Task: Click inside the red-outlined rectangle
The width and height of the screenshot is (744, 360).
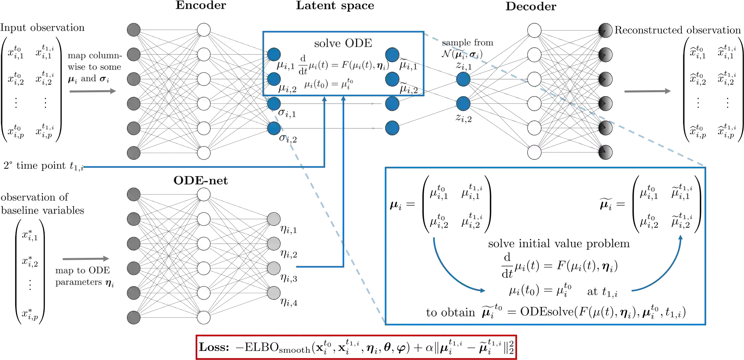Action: [356, 347]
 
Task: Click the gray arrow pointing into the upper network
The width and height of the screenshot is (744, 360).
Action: [93, 91]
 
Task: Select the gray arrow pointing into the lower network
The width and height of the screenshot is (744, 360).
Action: [85, 259]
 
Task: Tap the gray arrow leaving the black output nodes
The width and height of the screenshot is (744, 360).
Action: [647, 91]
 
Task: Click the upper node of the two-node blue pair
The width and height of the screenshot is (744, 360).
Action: [463, 79]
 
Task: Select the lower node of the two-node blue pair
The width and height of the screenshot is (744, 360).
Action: [463, 104]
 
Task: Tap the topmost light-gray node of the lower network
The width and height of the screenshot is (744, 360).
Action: [274, 219]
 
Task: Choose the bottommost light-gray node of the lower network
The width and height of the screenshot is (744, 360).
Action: [274, 293]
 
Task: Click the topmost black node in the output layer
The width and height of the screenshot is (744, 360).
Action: [605, 30]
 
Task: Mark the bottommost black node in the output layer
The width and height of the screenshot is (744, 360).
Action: [605, 153]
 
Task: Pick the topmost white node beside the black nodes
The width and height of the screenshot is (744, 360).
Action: [534, 30]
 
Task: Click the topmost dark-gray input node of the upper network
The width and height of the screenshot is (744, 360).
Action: [134, 30]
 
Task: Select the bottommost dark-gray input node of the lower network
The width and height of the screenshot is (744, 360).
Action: [134, 318]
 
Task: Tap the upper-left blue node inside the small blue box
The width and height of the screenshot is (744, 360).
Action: [274, 55]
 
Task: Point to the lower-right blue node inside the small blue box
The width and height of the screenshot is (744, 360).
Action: [392, 79]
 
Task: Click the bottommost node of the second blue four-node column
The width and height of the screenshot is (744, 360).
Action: [392, 128]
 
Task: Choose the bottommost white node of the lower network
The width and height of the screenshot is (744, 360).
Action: [204, 318]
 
